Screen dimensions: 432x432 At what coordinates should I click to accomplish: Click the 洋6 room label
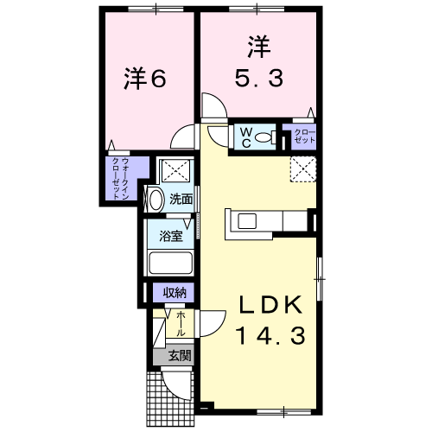click(145, 79)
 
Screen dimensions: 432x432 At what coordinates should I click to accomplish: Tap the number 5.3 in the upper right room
click(259, 79)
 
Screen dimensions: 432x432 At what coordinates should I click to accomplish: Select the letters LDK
click(270, 304)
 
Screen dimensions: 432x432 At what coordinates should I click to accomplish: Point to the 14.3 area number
click(270, 336)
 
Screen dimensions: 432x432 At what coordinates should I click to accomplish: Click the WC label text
click(246, 138)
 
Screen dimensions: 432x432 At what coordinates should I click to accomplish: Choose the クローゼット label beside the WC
click(304, 137)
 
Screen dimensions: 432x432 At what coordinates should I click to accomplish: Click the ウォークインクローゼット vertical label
click(120, 178)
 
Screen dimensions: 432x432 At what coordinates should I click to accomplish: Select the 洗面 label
click(181, 200)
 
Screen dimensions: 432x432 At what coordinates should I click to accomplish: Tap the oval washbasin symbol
click(156, 199)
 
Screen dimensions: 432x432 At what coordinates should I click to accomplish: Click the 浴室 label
click(171, 236)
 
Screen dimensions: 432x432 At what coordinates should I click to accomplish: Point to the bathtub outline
click(171, 263)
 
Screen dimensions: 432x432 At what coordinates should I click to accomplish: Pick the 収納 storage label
click(175, 293)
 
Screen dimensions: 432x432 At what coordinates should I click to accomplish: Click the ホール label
click(181, 324)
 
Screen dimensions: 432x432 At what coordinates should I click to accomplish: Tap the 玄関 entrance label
click(180, 356)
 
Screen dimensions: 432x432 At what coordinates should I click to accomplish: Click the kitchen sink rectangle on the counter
click(247, 221)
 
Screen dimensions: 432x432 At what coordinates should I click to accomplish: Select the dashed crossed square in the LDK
click(302, 169)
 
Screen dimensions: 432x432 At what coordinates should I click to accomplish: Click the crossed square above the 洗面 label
click(175, 171)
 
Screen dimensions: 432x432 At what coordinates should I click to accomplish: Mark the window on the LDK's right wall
click(320, 279)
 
